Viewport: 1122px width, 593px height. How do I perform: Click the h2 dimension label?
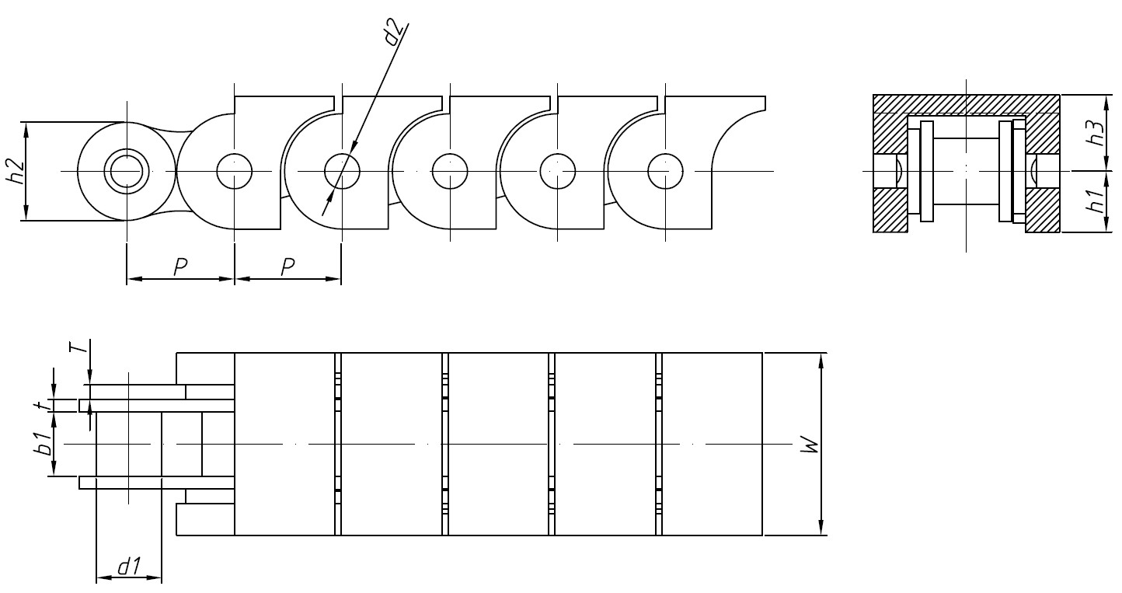pyautogui.click(x=16, y=171)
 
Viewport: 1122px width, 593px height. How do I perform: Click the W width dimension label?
pyautogui.click(x=810, y=445)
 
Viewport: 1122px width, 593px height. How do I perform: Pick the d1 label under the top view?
pyautogui.click(x=127, y=567)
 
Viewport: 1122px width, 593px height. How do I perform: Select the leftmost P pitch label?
pyautogui.click(x=179, y=267)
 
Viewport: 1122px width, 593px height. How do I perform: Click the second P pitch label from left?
pyautogui.click(x=287, y=267)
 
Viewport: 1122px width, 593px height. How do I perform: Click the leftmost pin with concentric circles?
pyautogui.click(x=127, y=171)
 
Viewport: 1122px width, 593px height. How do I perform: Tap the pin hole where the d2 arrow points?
pyautogui.click(x=342, y=171)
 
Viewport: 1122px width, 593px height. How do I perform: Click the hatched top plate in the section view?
pyautogui.click(x=966, y=103)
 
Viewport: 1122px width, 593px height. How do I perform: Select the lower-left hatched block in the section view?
pyautogui.click(x=890, y=210)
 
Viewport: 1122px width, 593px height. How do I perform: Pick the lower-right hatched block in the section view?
pyautogui.click(x=1043, y=210)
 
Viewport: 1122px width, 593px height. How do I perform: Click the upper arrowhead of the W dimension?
pyautogui.click(x=822, y=359)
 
